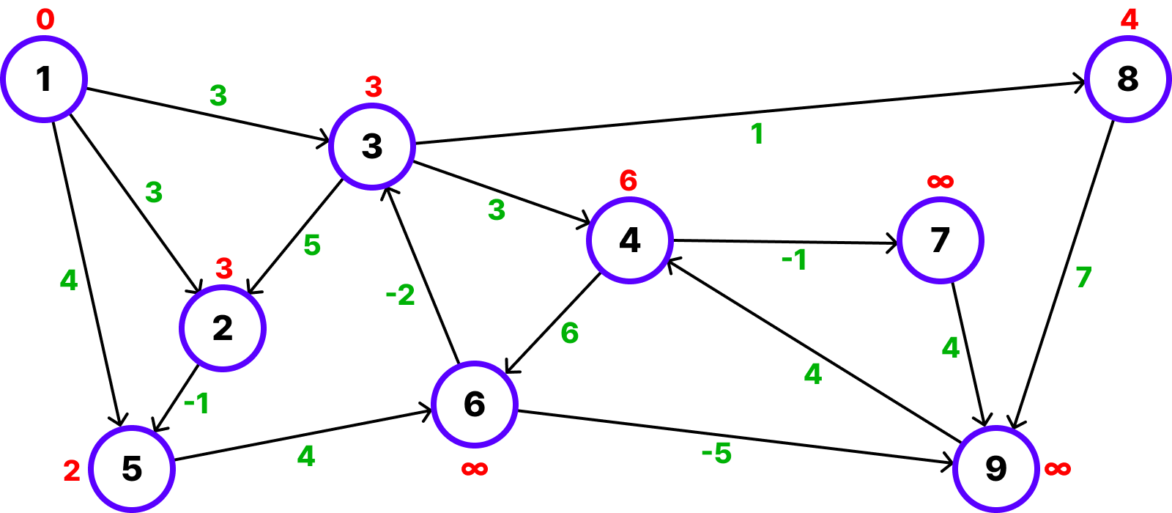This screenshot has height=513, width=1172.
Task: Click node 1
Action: (x=44, y=79)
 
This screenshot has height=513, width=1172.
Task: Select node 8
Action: (x=1127, y=79)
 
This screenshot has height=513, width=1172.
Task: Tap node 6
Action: (x=475, y=404)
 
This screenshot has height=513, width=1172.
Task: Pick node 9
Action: (x=995, y=468)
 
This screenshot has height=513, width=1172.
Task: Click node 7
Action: (x=940, y=240)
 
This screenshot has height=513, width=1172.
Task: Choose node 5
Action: (x=132, y=468)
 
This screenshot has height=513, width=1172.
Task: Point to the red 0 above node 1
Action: (x=45, y=20)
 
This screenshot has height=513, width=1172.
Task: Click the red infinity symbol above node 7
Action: (x=940, y=181)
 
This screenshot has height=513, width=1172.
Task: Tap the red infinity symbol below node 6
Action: (x=475, y=468)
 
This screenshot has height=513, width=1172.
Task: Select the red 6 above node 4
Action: (x=628, y=180)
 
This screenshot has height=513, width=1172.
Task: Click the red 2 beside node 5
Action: (x=72, y=470)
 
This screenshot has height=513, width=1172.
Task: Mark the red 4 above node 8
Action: (x=1130, y=19)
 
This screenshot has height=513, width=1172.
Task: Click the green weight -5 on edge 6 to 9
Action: (x=716, y=454)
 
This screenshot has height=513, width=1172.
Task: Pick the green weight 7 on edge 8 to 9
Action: (x=1083, y=277)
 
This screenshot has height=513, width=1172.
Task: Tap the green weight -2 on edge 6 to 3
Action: (x=400, y=295)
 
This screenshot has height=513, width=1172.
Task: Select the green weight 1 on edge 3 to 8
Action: (x=757, y=134)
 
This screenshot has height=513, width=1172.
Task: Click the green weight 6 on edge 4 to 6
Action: (x=570, y=333)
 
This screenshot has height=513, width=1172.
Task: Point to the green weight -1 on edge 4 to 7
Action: (x=794, y=259)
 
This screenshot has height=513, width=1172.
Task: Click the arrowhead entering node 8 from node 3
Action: (x=1079, y=83)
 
